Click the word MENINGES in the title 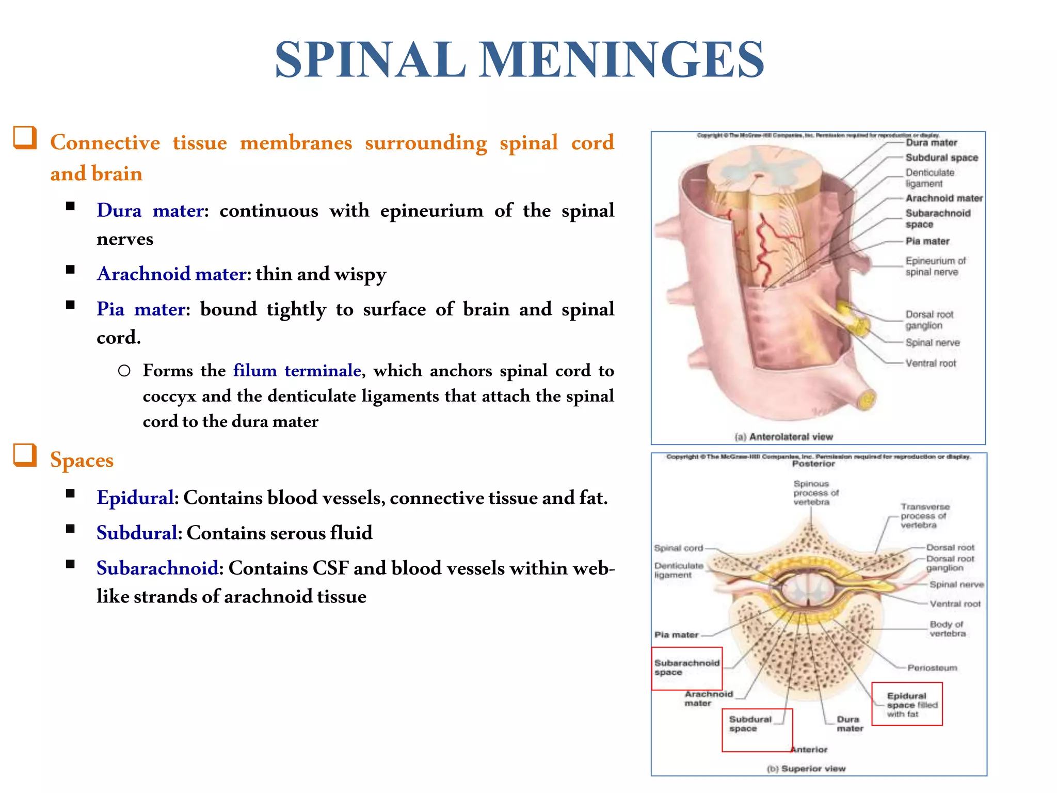tap(622, 60)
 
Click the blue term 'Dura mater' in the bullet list tap(151, 211)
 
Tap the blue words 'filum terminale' tap(297, 370)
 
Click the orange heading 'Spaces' tap(82, 459)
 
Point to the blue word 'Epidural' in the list tap(135, 498)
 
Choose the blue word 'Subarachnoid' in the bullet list tap(157, 568)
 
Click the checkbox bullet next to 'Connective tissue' tap(25, 138)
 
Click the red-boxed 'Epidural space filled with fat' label tap(911, 705)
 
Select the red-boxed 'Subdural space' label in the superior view tap(749, 724)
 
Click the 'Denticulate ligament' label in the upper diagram tap(929, 178)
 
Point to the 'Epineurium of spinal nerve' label tap(935, 266)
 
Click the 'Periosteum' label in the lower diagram tap(932, 668)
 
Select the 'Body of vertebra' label tap(947, 629)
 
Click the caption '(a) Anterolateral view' tap(783, 437)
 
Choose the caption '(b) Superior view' tap(806, 769)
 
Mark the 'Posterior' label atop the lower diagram tap(813, 464)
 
